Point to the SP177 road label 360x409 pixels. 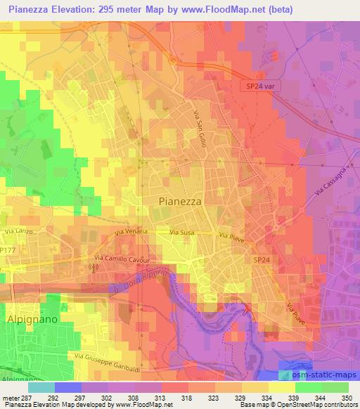pos(8,249)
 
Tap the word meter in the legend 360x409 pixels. pos(10,397)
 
